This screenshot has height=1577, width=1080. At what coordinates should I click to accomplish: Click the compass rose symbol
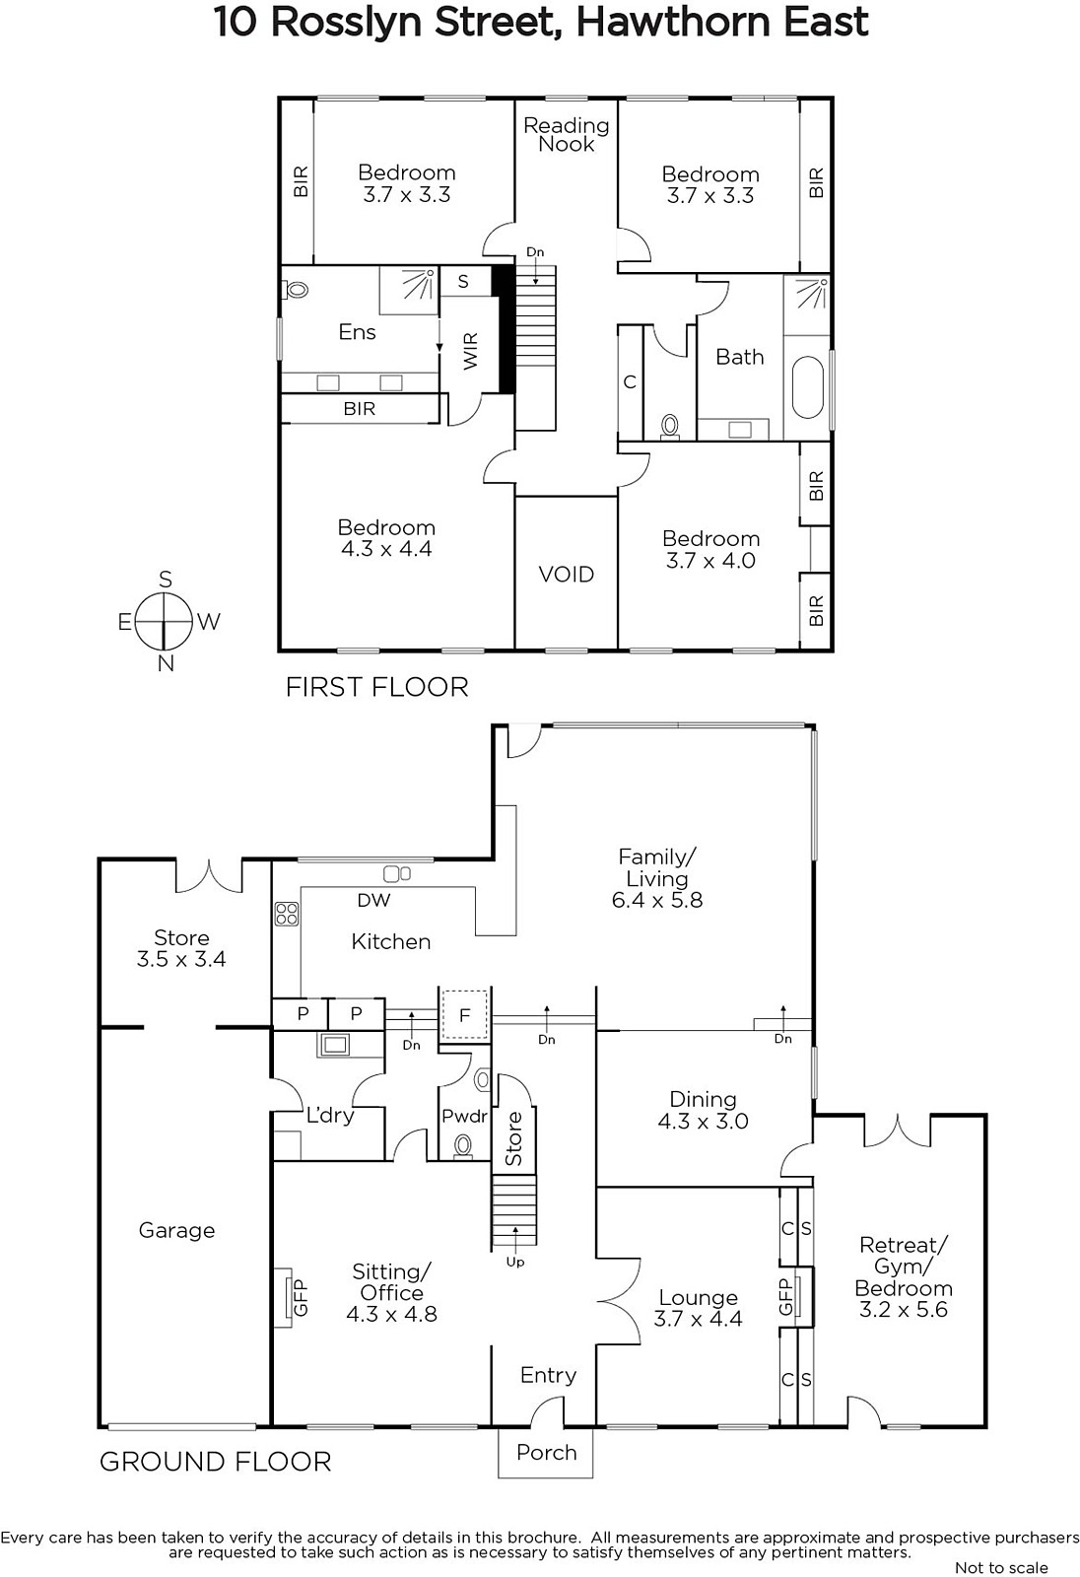[164, 622]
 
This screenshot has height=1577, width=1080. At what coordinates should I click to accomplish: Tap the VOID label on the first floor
[566, 575]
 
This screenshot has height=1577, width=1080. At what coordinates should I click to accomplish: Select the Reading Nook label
[566, 134]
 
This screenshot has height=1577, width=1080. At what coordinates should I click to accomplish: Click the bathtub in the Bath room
[807, 388]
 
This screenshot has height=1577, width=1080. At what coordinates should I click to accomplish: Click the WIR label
[470, 351]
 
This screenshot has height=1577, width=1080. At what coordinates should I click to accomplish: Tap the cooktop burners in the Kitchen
[287, 914]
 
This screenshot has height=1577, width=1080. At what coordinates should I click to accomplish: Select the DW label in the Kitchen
[373, 900]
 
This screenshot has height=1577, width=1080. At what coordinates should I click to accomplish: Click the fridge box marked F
[464, 1014]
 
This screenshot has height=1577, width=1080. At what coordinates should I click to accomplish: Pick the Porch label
[546, 1452]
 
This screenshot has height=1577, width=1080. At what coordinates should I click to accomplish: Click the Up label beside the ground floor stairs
[515, 1263]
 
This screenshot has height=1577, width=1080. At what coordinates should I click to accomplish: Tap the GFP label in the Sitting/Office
[301, 1297]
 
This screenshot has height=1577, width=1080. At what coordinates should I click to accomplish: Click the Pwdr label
[465, 1116]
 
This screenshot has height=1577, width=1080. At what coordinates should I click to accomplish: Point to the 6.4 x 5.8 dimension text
[657, 900]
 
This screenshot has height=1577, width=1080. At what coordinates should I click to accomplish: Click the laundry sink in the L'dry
[335, 1045]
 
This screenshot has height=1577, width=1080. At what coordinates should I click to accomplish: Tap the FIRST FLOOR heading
[376, 686]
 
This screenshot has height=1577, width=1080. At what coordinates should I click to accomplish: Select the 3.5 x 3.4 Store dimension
[181, 959]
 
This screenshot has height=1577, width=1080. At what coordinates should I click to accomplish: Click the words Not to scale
[1001, 1567]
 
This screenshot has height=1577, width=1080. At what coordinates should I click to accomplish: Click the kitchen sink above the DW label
[396, 873]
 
